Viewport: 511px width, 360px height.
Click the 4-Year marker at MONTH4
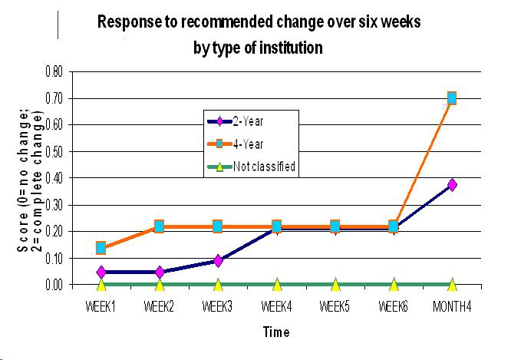(x=452, y=97)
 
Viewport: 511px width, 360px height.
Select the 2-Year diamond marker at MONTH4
(x=452, y=184)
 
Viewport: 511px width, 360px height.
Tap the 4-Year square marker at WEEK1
(x=101, y=247)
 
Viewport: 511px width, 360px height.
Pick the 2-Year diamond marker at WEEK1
(x=101, y=272)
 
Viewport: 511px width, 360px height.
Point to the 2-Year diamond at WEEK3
(x=218, y=261)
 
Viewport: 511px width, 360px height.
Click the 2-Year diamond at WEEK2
(x=160, y=272)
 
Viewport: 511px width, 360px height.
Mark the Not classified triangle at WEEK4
(x=277, y=285)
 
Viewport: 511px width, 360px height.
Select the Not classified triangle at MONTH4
(x=452, y=285)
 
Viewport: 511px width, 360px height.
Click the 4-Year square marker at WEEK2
(x=160, y=226)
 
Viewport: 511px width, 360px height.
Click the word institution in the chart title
(x=288, y=47)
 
